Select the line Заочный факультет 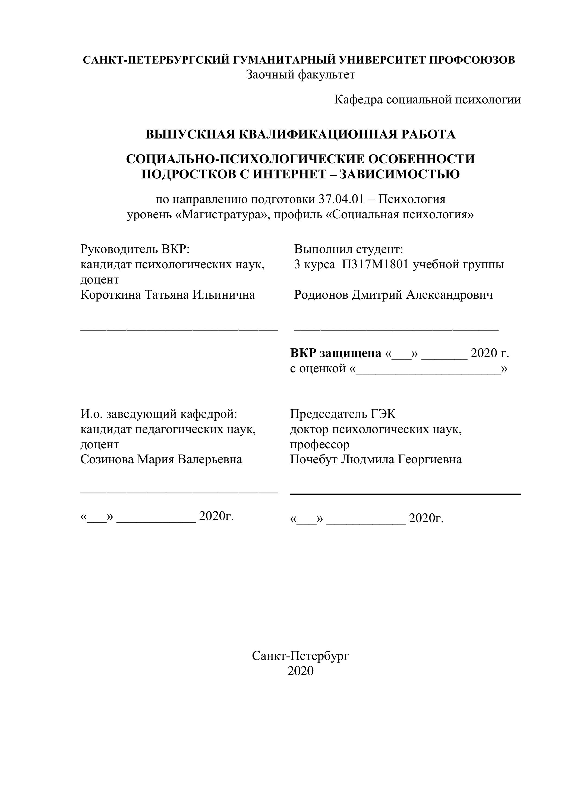tap(300, 75)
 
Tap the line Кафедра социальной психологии tap(427, 100)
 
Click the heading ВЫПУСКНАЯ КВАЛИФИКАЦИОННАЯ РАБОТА tap(300, 134)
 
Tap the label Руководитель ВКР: tap(135, 249)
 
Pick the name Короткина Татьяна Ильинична tap(168, 295)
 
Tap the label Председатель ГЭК tap(343, 414)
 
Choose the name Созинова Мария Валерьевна tap(161, 460)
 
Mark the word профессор tap(320, 444)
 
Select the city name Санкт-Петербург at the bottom tap(300, 656)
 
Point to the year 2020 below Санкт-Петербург tap(300, 671)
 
